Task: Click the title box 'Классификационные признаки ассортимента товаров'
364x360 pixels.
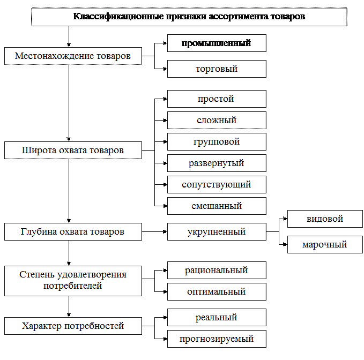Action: pos(189,17)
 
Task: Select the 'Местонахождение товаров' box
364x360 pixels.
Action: pos(73,56)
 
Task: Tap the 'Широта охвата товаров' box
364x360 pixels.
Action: pos(73,151)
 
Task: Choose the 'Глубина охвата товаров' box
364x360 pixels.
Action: pos(73,232)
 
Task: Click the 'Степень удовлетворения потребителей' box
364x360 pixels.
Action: pos(73,281)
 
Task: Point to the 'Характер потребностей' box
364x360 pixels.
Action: pos(73,326)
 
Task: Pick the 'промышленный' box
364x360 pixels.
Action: pos(217,43)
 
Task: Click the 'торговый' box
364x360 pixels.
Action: pos(217,69)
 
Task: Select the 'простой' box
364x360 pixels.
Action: pos(217,99)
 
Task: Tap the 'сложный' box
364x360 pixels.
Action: pos(217,120)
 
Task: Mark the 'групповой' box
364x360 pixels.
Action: pos(217,142)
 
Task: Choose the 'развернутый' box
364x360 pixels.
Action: pos(217,163)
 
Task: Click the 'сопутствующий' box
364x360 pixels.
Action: pos(217,185)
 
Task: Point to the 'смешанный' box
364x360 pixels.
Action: pos(217,206)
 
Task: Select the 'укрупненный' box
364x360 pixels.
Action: pos(217,232)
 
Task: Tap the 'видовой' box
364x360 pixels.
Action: pos(325,219)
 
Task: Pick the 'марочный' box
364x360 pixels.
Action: pos(325,244)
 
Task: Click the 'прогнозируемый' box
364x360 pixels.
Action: pos(217,339)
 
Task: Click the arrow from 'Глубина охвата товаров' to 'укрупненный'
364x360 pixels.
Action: pos(154,232)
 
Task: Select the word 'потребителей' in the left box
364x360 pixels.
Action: pos(73,286)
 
